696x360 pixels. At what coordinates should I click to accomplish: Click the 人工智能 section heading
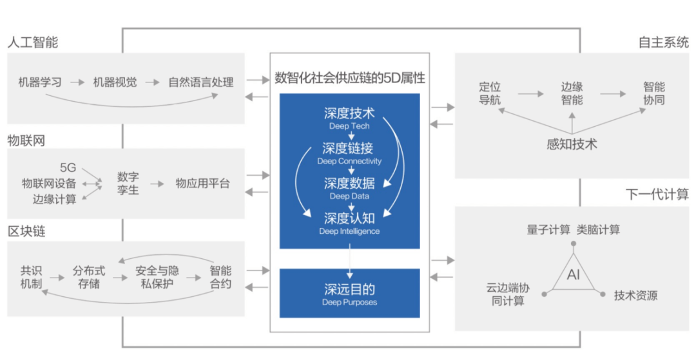(x=33, y=43)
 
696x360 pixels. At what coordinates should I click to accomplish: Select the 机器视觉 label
(x=115, y=82)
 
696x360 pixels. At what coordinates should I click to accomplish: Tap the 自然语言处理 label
(x=201, y=82)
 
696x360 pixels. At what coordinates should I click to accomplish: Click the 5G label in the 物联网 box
(x=68, y=168)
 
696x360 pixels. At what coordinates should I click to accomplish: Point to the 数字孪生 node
(x=128, y=183)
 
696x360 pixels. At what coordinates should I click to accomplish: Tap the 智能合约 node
(x=220, y=278)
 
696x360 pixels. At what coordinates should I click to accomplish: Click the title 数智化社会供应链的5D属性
(x=349, y=79)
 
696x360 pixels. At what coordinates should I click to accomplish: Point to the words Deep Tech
(x=349, y=126)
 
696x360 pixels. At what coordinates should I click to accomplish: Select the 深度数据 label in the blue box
(x=349, y=184)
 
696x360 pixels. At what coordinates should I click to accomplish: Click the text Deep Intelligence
(x=349, y=231)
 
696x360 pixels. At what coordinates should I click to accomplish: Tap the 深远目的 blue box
(x=349, y=293)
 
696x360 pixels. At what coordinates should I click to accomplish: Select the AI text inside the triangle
(x=573, y=275)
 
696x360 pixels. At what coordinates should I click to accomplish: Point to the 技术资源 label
(x=635, y=296)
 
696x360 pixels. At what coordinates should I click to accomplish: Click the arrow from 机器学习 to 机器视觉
(x=77, y=82)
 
